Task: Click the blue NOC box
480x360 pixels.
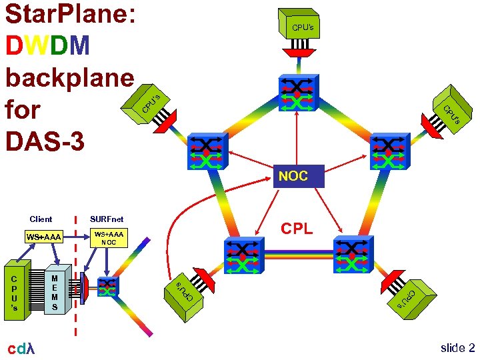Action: [x=293, y=176]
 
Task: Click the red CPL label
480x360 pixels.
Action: [x=296, y=229]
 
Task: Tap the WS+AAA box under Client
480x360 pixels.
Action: [x=43, y=237]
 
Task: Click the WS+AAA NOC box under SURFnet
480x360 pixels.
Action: [x=109, y=238]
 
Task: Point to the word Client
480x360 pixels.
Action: [x=41, y=219]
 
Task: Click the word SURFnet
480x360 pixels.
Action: [x=107, y=219]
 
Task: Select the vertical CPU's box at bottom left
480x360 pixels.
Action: [x=15, y=291]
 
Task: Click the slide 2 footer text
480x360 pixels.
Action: [x=457, y=348]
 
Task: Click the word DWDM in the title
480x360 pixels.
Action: [x=47, y=45]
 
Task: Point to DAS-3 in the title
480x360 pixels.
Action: [x=45, y=141]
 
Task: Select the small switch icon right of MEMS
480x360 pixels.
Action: [x=108, y=288]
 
